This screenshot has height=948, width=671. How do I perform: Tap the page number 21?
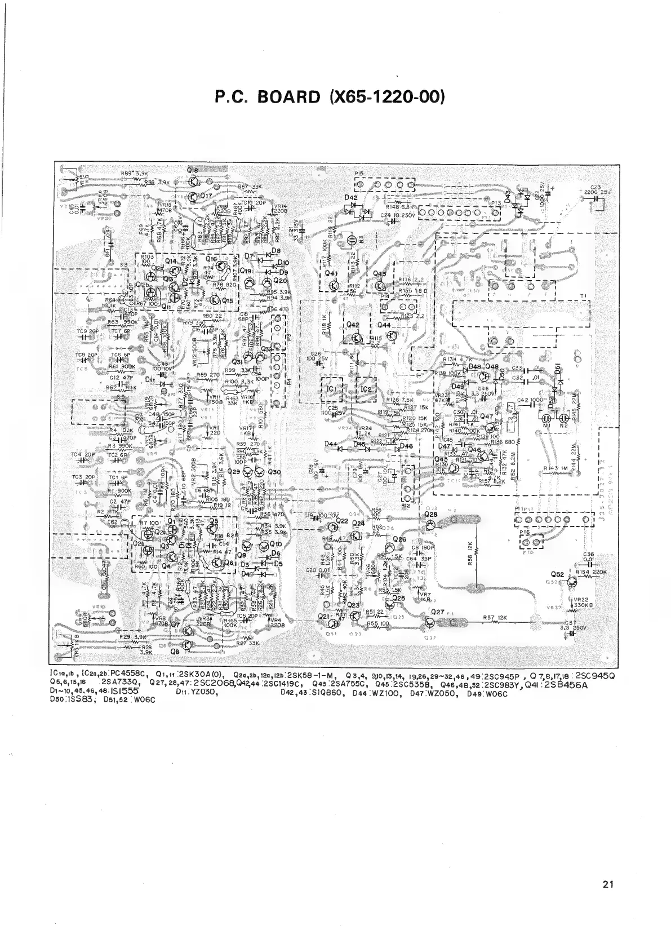pyautogui.click(x=607, y=884)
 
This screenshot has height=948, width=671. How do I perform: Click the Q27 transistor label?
pyautogui.click(x=438, y=612)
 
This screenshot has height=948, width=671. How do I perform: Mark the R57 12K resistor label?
pyautogui.click(x=495, y=618)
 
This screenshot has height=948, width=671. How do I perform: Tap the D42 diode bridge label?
pyautogui.click(x=351, y=198)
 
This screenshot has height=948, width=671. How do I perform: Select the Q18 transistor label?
pyautogui.click(x=193, y=170)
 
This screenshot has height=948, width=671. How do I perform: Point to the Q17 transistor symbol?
pyautogui.click(x=194, y=197)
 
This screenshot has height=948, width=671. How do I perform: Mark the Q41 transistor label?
pyautogui.click(x=332, y=273)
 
